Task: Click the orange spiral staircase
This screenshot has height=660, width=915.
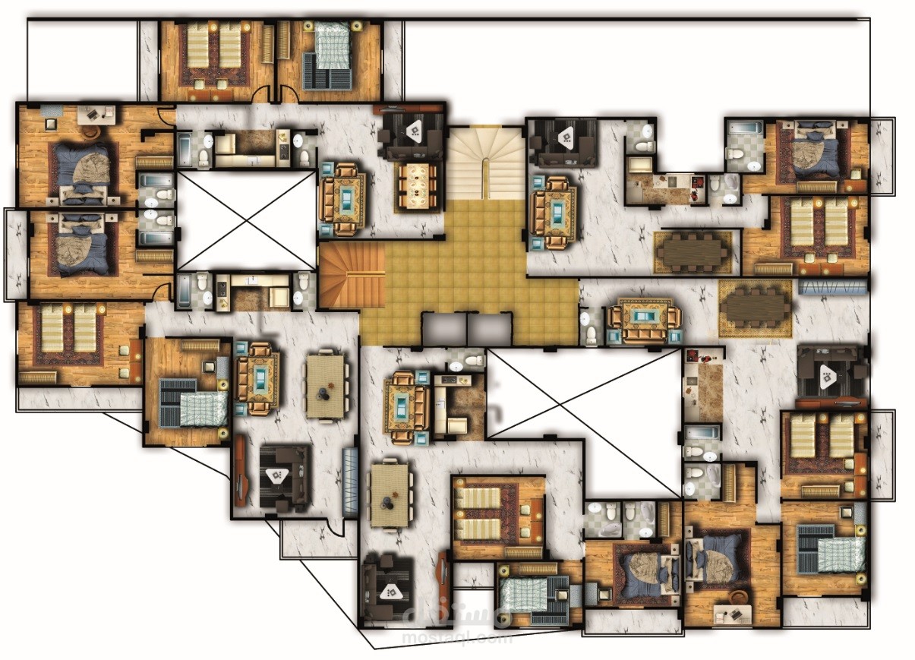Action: (x=351, y=277)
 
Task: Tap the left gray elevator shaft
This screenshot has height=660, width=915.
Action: (x=443, y=328)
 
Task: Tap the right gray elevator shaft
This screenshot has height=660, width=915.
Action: (x=488, y=328)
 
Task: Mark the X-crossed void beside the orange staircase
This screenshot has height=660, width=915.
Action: (x=246, y=219)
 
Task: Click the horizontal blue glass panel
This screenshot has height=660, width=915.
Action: (x=831, y=286)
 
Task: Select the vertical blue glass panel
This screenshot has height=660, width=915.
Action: (x=349, y=482)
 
